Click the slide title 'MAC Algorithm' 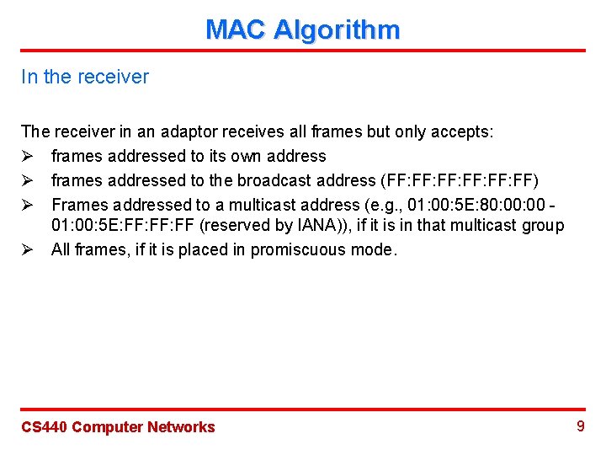[x=302, y=30]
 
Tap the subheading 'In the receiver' [x=85, y=77]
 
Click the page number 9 [x=580, y=426]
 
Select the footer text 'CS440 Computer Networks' [x=118, y=427]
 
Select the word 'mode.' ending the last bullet [x=376, y=249]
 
